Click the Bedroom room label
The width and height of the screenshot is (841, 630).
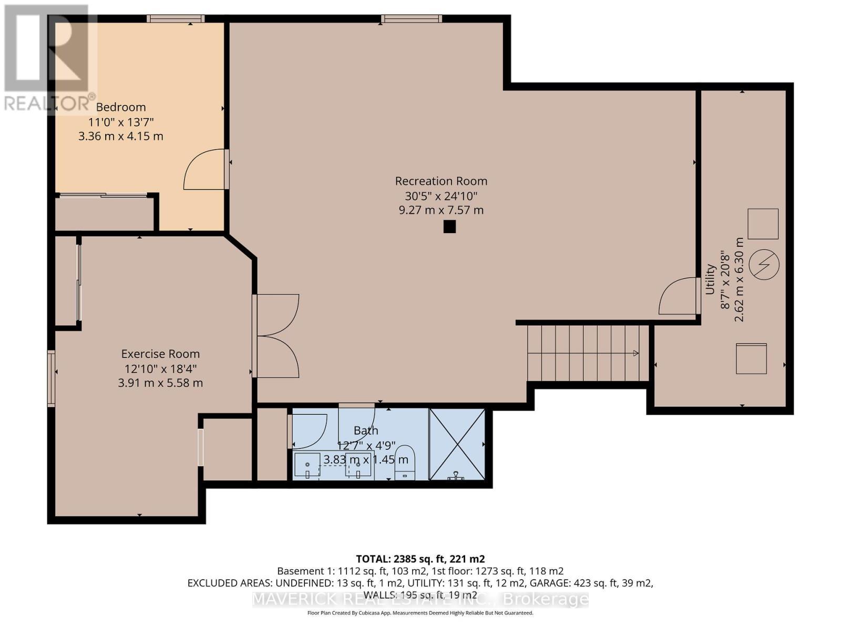point(121,107)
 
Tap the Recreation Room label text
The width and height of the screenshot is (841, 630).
point(441,181)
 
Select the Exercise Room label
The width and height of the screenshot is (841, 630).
point(160,354)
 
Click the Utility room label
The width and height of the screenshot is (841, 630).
point(710,279)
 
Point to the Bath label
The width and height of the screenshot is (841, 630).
point(366,430)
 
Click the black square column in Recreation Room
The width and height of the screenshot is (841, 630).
point(449,226)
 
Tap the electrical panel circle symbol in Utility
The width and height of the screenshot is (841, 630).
point(763,264)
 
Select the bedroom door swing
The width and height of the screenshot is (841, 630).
point(205,170)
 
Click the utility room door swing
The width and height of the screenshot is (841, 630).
point(678,297)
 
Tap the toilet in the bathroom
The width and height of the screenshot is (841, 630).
point(405,463)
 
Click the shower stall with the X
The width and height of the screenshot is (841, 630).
point(457,444)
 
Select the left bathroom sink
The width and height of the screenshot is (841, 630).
point(307,466)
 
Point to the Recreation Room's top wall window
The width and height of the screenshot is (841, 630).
point(412,19)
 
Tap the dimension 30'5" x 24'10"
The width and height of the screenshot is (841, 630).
point(441,196)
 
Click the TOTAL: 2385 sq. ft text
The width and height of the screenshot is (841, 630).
point(420,559)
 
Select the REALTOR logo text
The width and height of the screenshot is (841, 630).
point(50,103)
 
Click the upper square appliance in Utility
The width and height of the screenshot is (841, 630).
point(763,224)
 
